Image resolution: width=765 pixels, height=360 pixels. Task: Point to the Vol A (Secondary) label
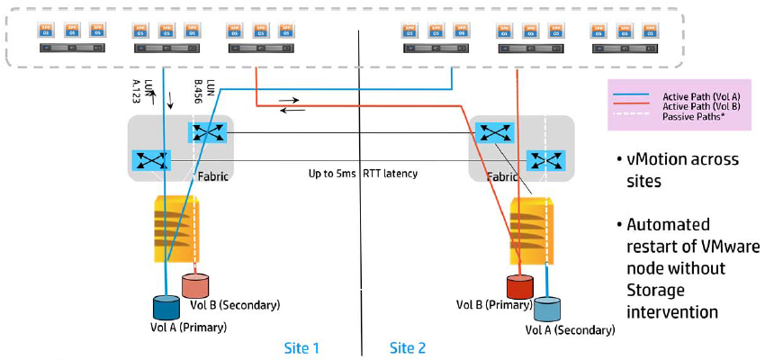click(x=571, y=330)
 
